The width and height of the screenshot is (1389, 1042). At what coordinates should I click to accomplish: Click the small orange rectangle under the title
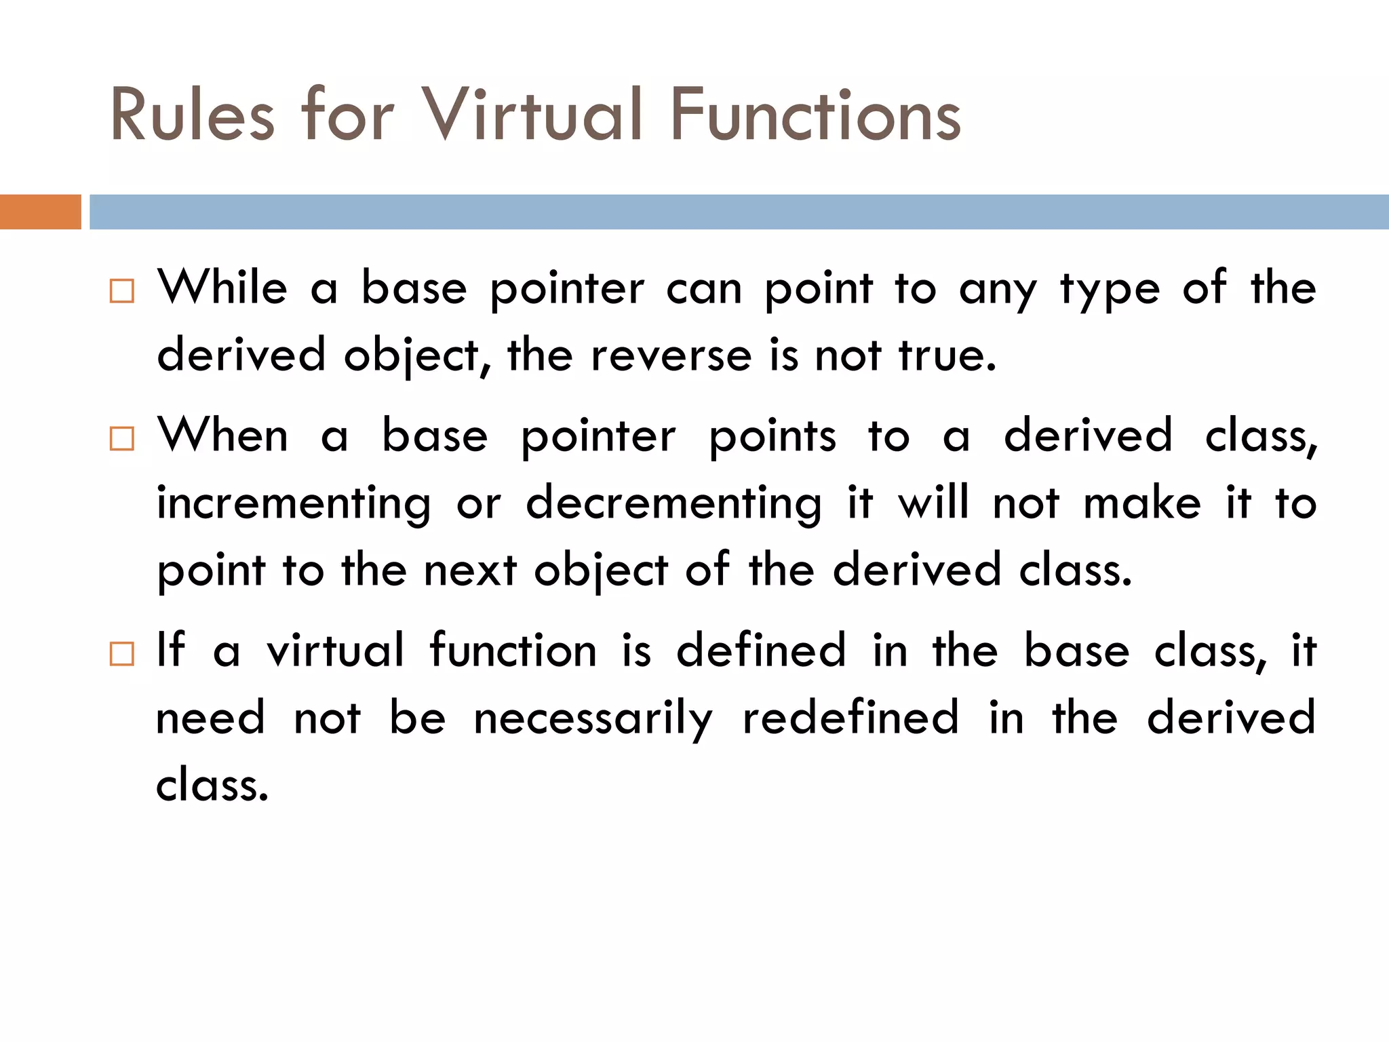pos(40,212)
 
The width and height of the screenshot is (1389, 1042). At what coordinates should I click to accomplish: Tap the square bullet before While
pos(122,291)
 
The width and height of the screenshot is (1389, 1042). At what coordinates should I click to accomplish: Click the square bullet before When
pos(122,439)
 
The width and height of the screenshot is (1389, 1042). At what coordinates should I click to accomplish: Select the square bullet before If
pos(122,654)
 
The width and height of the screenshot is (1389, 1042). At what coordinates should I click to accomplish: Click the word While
pos(223,288)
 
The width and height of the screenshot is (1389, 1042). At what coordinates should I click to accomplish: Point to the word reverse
pos(671,355)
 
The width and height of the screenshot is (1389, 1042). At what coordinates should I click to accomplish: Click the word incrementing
pos(294,504)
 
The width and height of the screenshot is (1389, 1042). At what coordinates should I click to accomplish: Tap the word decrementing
pos(673,504)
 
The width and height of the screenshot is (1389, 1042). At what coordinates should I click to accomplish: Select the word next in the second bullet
pos(470,571)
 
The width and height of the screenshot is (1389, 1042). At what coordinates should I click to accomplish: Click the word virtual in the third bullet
pos(335,651)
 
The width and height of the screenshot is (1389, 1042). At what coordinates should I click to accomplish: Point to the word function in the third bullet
pos(513,651)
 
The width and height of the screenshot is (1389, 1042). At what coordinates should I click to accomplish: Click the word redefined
pos(850,718)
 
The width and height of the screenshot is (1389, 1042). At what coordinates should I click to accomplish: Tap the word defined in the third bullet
pos(761,651)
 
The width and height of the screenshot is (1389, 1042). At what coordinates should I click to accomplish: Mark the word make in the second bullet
pos(1142,504)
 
